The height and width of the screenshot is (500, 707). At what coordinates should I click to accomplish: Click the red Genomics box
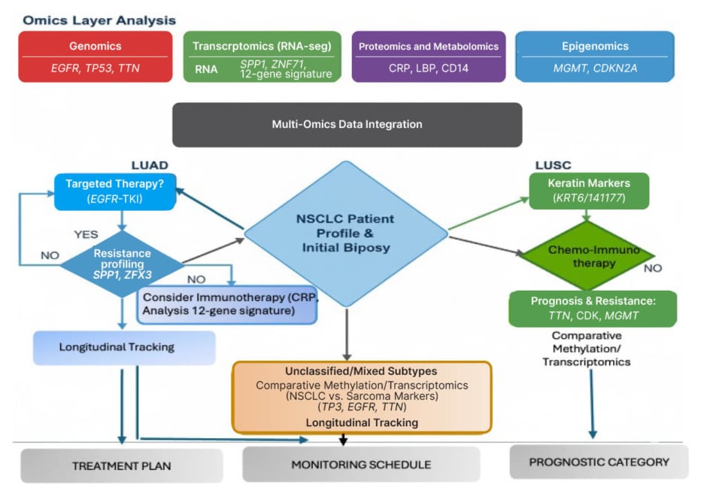click(95, 56)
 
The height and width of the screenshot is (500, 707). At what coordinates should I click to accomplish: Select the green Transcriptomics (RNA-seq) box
click(262, 56)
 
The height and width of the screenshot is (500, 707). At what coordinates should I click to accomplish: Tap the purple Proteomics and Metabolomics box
click(428, 56)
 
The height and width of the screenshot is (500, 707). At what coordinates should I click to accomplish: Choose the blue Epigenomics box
click(594, 56)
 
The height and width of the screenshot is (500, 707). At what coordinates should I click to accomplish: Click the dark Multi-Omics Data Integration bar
click(347, 124)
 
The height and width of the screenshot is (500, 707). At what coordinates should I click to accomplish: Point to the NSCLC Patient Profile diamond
click(345, 233)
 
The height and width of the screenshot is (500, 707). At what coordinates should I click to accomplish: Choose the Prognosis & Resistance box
click(592, 308)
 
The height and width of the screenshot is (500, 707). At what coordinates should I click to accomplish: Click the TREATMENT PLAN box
click(121, 465)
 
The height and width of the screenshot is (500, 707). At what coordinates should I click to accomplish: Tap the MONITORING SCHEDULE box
click(361, 465)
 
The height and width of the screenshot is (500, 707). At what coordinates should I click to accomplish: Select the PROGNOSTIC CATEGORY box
click(599, 462)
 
